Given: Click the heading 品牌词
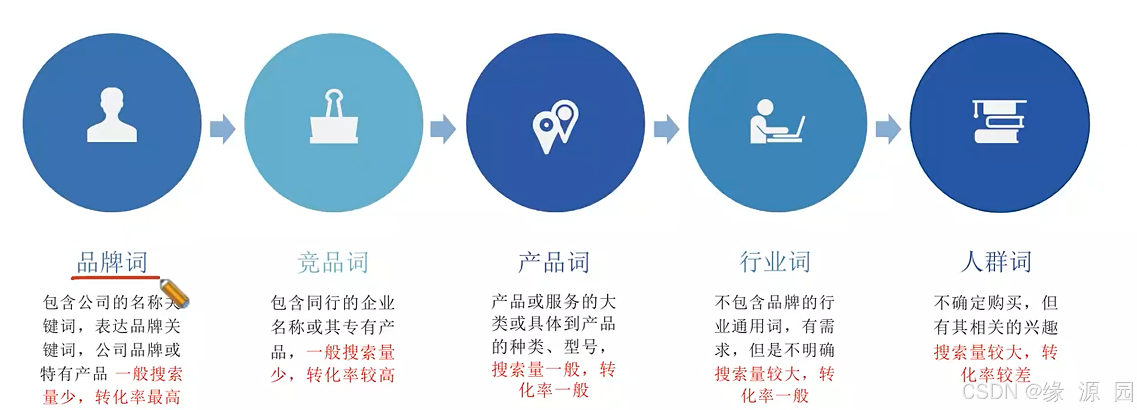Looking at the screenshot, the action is point(112,262).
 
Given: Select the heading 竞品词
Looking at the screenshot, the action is point(333,263).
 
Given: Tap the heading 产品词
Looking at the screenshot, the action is point(554,262).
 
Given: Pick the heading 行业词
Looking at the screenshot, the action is point(775,262).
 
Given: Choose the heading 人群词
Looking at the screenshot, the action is point(996,262).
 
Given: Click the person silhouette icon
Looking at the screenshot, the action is point(112,116).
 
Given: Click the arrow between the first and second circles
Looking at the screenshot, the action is point(223,129).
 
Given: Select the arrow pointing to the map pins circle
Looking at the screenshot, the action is point(443,129).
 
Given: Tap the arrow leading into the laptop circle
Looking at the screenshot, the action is point(666,129).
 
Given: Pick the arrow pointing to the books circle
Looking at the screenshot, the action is point(888,129).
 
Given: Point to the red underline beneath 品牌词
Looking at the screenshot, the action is point(115,278).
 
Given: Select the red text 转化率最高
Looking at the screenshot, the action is point(138,397).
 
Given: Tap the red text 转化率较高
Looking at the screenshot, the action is point(351,375).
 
